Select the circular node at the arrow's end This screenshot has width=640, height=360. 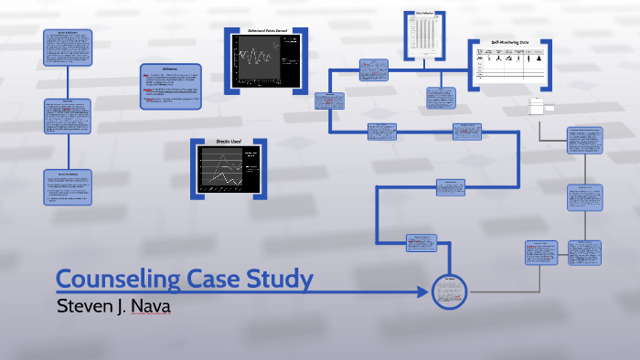[449, 292]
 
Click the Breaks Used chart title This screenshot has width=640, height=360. [229, 143]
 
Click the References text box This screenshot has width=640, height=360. [170, 86]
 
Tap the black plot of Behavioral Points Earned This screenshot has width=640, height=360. [267, 61]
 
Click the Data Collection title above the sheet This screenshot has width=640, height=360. [424, 14]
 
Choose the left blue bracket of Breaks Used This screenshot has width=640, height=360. [194, 168]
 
